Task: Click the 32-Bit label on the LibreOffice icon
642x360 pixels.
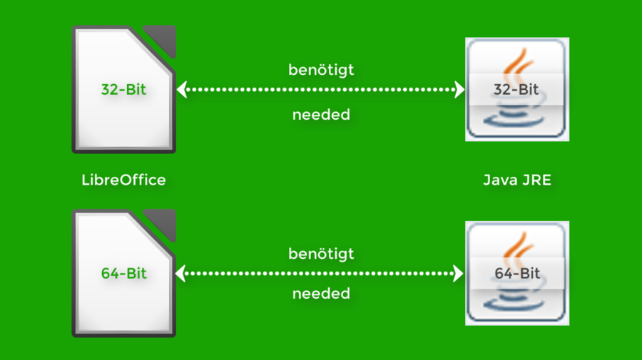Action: pos(123,90)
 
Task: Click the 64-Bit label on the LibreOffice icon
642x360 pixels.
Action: pos(123,273)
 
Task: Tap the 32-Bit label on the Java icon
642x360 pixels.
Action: pos(517,90)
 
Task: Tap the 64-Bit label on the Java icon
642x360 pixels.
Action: pos(517,273)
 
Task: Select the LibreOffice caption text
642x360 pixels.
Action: pos(123,180)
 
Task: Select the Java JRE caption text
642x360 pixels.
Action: pos(517,180)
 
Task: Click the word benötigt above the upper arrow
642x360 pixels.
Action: pos(321,70)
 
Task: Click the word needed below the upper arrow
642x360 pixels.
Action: pos(321,114)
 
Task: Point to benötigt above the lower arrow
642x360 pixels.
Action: pos(321,253)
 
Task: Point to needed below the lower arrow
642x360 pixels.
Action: pos(321,293)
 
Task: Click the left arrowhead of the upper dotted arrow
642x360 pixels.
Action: pos(181,90)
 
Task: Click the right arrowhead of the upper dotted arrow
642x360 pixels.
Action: pos(459,90)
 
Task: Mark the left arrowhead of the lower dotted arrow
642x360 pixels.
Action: pos(181,273)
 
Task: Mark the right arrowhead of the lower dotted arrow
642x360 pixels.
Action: pos(459,273)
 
